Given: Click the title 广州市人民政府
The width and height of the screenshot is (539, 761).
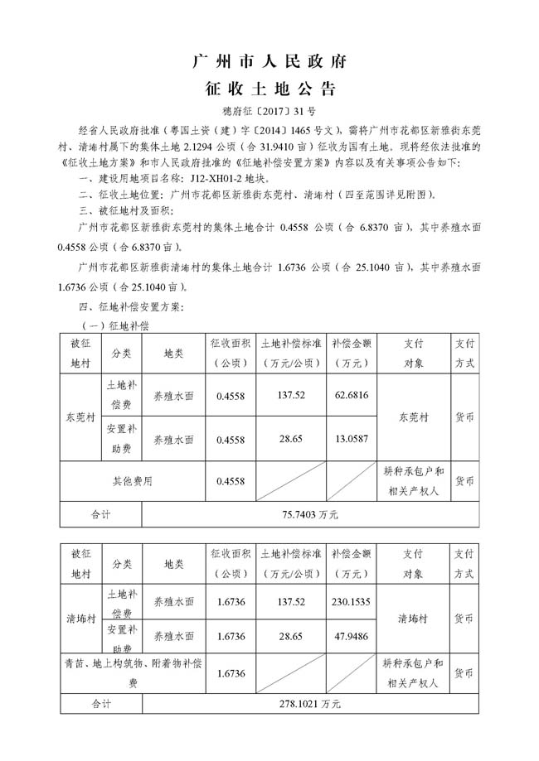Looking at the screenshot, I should tap(269, 62).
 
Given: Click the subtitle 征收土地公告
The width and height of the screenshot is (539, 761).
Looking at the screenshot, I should tap(269, 89).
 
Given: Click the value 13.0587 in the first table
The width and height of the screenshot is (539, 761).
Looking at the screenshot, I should tap(349, 438).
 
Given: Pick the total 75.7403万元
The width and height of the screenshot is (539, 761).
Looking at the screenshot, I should tap(310, 514).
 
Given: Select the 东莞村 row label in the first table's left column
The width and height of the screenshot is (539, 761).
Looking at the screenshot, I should tap(80, 417).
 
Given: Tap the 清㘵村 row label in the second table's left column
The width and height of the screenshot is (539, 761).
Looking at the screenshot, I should tap(80, 619).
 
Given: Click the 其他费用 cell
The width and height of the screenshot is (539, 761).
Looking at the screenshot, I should tap(133, 479).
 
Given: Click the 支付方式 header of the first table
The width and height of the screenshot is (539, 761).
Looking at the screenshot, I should tap(464, 353).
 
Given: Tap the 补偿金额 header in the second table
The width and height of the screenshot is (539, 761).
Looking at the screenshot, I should tap(349, 563).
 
